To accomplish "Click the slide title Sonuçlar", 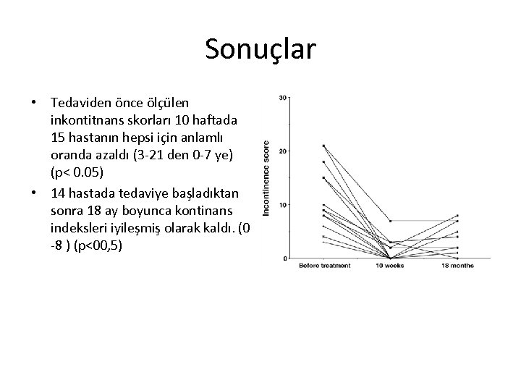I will coord(260,49).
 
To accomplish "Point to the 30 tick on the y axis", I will coord(283,97).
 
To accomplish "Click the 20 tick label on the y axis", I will coord(283,151).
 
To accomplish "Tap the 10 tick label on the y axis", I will coord(283,204).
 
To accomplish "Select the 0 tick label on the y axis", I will coord(285,258).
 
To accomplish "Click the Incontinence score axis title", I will coord(266,177).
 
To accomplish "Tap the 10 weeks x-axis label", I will coord(391,265).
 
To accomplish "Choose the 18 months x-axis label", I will coord(458,265).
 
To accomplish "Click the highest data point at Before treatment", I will coord(323,146).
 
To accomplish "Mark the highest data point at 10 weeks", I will coord(391,221).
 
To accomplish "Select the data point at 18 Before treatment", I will coord(323,161).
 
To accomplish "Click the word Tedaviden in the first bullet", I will coord(80,102).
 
